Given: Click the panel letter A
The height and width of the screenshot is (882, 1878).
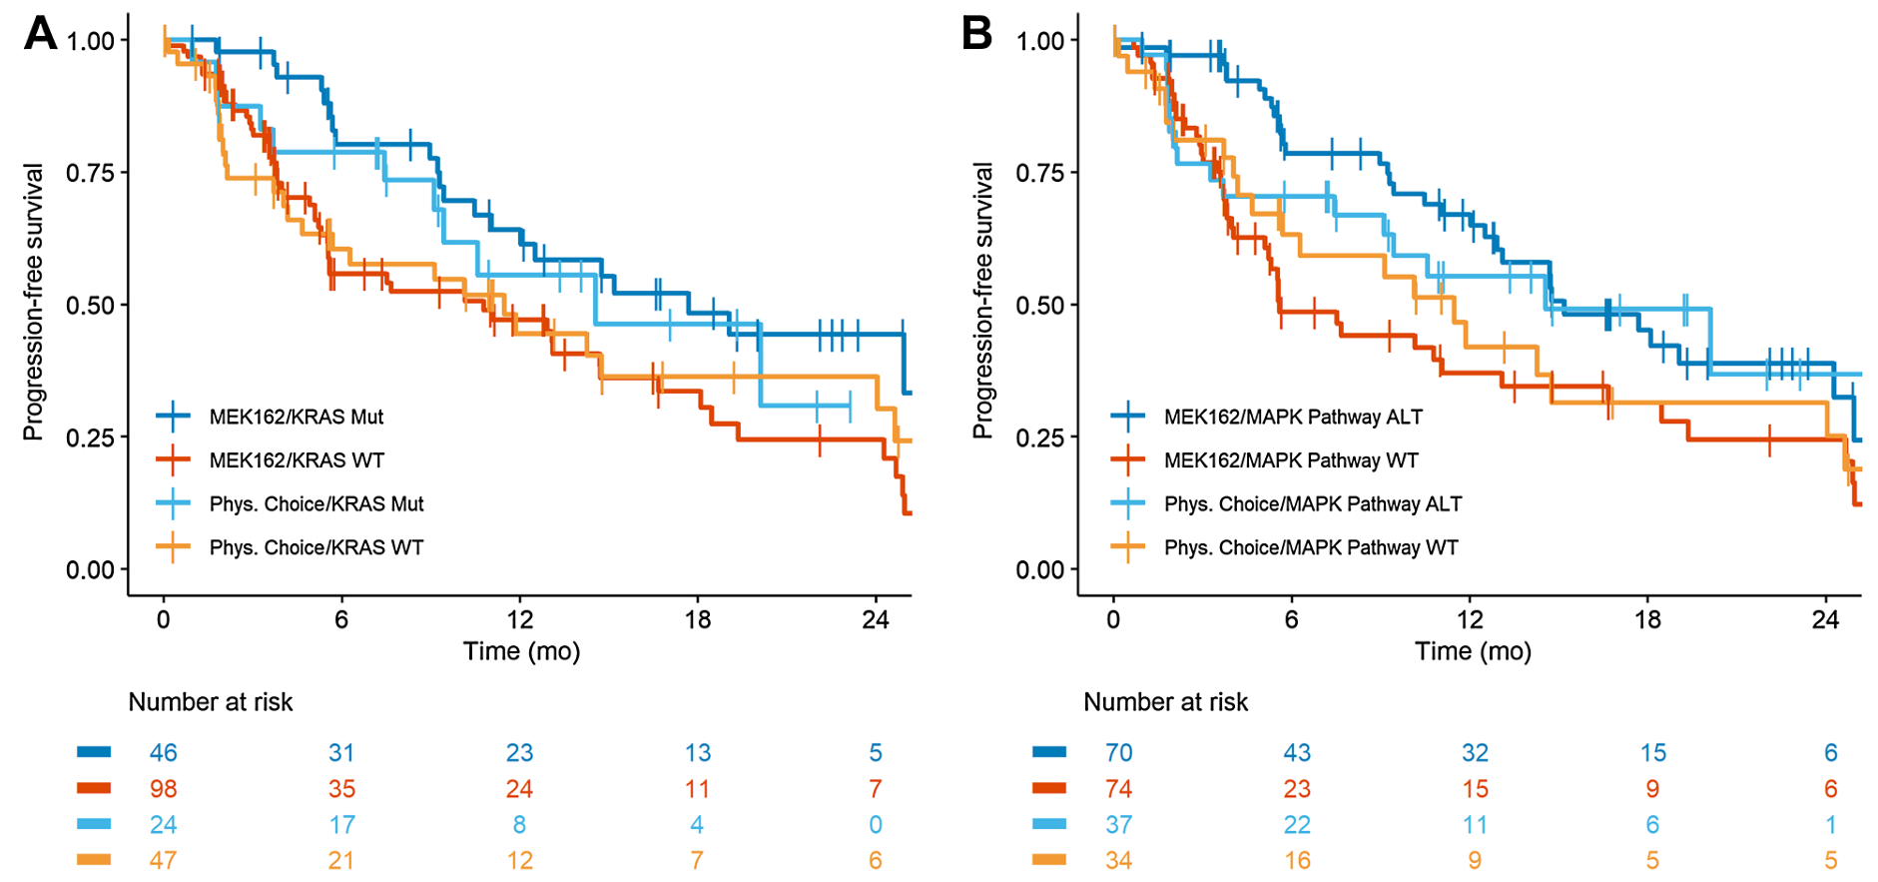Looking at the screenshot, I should tap(41, 33).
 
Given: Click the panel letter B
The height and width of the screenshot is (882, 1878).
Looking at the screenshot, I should tap(976, 33).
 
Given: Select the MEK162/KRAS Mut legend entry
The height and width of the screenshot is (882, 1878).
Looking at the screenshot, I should tap(296, 417).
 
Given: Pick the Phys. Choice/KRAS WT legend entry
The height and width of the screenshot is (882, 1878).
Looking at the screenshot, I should tap(315, 547).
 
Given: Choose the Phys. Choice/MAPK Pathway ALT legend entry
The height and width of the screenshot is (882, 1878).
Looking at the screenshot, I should tap(1312, 503).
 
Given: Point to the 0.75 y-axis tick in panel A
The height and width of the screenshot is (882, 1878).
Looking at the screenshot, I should tap(90, 173).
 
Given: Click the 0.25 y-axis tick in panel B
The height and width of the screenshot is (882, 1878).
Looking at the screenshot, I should tap(1040, 438).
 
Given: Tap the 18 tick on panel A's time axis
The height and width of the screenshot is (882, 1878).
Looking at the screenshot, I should tap(697, 620).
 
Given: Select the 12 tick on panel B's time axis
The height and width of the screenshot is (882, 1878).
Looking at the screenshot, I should tap(1469, 620).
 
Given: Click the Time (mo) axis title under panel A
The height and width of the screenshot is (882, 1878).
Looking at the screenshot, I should tap(521, 651).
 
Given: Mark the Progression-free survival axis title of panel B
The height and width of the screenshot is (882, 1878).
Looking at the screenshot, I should tap(983, 301).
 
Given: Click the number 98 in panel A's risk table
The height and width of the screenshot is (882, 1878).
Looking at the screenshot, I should tap(163, 789).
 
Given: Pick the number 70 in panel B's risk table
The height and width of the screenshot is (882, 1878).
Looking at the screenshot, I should tap(1118, 753).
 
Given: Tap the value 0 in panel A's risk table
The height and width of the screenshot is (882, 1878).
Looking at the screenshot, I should tap(875, 825).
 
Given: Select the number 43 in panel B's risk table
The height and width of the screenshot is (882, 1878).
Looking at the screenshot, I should tap(1296, 753).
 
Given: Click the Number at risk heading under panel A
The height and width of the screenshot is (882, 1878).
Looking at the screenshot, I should tap(211, 702).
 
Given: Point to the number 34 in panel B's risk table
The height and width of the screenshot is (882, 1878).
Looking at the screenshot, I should tap(1118, 860).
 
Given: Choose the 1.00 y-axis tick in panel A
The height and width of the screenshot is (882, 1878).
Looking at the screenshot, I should tap(90, 41).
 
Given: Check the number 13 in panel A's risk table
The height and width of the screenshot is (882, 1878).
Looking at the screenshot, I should tap(697, 753).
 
